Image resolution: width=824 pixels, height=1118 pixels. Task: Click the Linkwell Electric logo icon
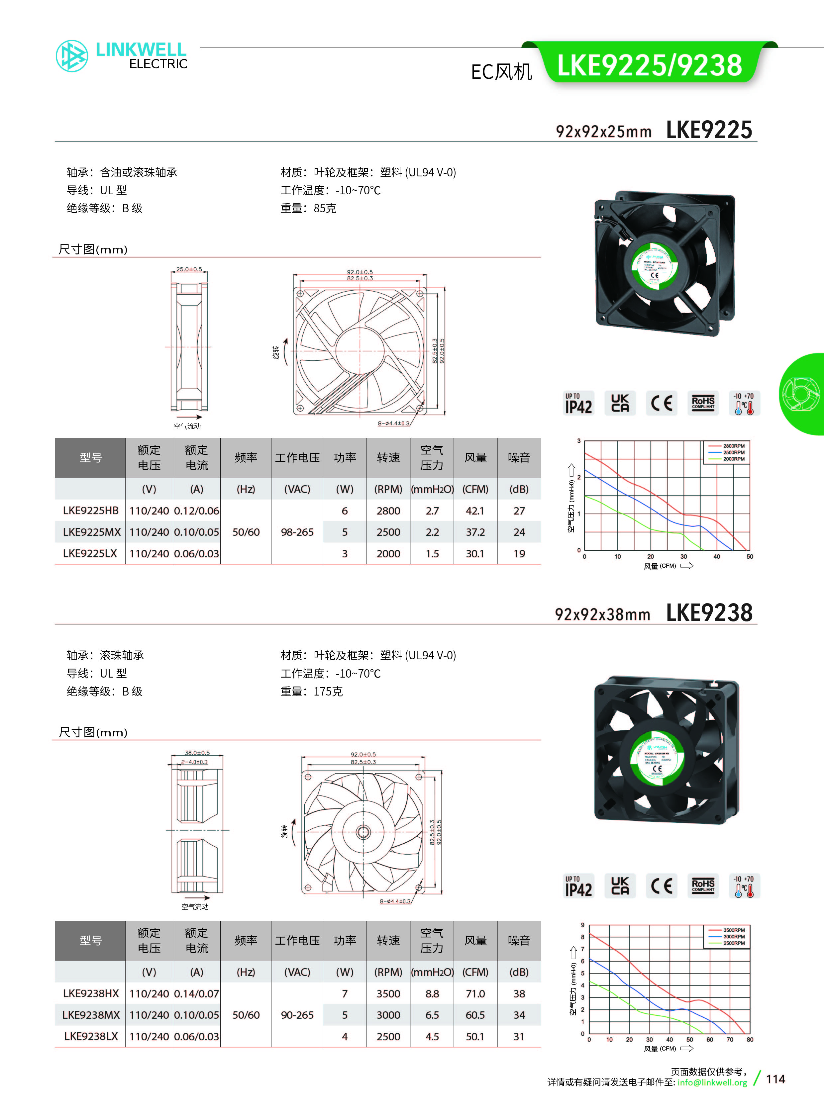point(72,56)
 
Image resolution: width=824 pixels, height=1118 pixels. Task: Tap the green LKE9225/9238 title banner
point(650,65)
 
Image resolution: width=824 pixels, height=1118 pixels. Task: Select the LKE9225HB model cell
point(90,511)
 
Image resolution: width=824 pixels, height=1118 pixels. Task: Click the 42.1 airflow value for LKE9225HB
point(475,511)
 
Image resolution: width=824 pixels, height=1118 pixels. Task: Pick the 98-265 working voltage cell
point(297,532)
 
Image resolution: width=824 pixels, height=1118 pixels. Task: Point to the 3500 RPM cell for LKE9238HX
point(388,993)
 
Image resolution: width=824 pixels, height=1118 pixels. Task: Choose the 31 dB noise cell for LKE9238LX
point(519,1036)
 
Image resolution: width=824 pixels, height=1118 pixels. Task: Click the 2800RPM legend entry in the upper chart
point(733,446)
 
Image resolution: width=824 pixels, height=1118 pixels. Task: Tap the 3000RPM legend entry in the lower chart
point(733,937)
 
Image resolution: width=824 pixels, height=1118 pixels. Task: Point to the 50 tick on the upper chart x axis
point(750,556)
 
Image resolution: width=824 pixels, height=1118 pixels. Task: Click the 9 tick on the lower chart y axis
point(582,925)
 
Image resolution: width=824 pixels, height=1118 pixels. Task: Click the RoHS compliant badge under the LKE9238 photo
point(703,885)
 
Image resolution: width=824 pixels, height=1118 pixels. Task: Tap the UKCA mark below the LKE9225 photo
point(620,403)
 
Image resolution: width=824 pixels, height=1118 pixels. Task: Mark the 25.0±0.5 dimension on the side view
point(189,269)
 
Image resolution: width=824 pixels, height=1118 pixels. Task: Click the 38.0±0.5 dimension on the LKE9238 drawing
point(197,753)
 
